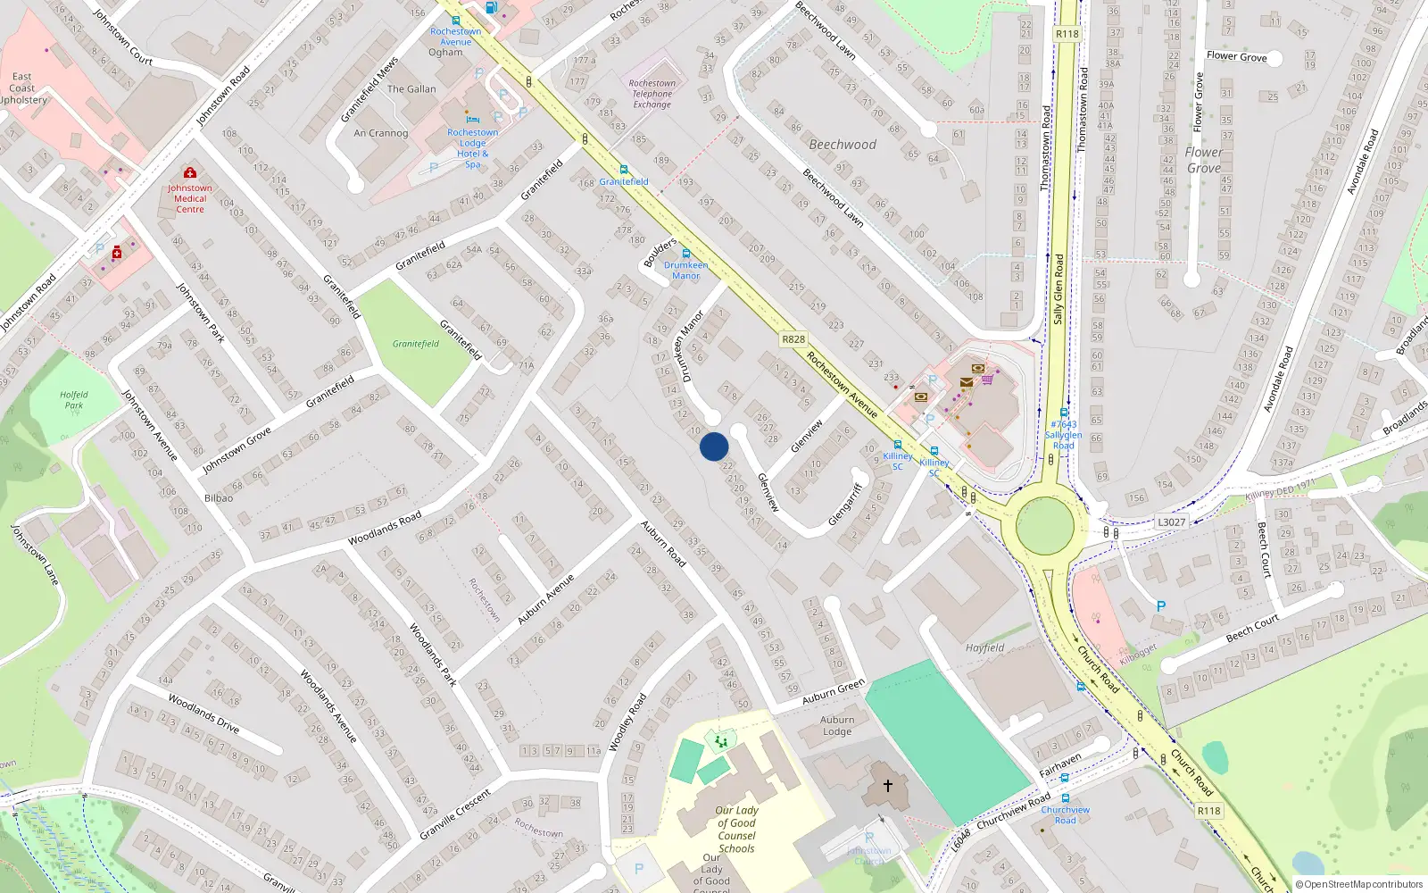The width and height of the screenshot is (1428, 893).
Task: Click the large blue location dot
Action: [714, 446]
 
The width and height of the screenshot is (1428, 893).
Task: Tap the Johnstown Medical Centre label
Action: [189, 198]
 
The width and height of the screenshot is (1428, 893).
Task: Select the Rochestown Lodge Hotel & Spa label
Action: [473, 148]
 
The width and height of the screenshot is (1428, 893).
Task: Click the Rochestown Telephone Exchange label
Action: [652, 94]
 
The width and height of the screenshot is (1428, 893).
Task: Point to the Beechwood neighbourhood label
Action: [843, 145]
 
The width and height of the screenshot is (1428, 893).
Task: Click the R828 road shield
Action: [793, 339]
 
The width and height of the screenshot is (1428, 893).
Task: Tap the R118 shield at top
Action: [1067, 34]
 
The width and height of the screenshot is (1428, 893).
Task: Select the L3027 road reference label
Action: [1171, 522]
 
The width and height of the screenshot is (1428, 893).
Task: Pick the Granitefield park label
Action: [416, 344]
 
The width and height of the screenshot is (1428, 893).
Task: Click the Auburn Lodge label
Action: [837, 726]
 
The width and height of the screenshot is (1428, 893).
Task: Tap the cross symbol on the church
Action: [887, 786]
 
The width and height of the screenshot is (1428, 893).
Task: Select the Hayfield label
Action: [984, 648]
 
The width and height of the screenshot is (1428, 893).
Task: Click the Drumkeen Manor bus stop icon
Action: [685, 254]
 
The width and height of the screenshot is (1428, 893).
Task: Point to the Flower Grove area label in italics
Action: [1203, 160]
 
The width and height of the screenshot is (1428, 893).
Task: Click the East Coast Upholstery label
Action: [23, 88]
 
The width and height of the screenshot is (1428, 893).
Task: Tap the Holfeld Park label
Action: [74, 400]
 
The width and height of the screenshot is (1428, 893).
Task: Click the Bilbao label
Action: [219, 498]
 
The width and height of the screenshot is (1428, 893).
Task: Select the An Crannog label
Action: [381, 133]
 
